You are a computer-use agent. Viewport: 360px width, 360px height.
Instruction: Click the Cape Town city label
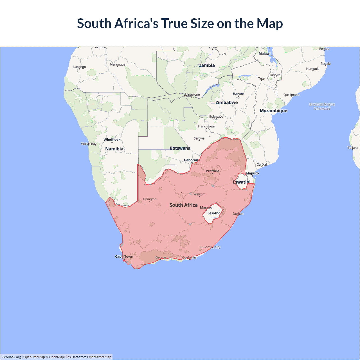tap(124, 256)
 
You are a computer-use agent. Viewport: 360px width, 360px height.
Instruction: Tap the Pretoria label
tap(212, 171)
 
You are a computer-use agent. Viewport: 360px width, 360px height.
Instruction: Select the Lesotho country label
tap(214, 213)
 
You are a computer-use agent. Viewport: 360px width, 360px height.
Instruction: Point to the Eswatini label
tap(242, 182)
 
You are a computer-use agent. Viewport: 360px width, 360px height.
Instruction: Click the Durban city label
tap(238, 214)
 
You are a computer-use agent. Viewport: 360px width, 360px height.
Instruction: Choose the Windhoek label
tap(112, 139)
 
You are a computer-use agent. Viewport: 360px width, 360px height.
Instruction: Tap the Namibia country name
tap(114, 149)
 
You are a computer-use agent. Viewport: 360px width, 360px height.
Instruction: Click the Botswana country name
tap(180, 148)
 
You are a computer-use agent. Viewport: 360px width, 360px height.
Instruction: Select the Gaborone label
tap(192, 160)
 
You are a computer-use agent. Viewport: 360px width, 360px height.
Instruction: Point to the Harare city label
tap(238, 94)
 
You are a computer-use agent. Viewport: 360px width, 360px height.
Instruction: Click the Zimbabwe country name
tap(226, 102)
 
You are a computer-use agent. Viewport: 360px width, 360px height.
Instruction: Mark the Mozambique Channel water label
tap(322, 106)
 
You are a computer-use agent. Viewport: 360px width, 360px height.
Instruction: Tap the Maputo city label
tap(252, 173)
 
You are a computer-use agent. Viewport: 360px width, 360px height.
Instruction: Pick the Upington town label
tap(150, 199)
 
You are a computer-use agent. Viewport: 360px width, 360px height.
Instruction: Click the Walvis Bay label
tap(89, 144)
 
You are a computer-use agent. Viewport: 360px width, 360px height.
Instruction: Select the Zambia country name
tap(207, 65)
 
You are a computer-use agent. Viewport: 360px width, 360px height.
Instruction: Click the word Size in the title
tap(202, 23)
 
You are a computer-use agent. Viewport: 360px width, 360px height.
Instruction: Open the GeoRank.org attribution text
tap(11, 357)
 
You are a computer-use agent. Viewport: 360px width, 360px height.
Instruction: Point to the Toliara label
tap(352, 148)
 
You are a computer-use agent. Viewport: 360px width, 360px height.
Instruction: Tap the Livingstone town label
tap(192, 94)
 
